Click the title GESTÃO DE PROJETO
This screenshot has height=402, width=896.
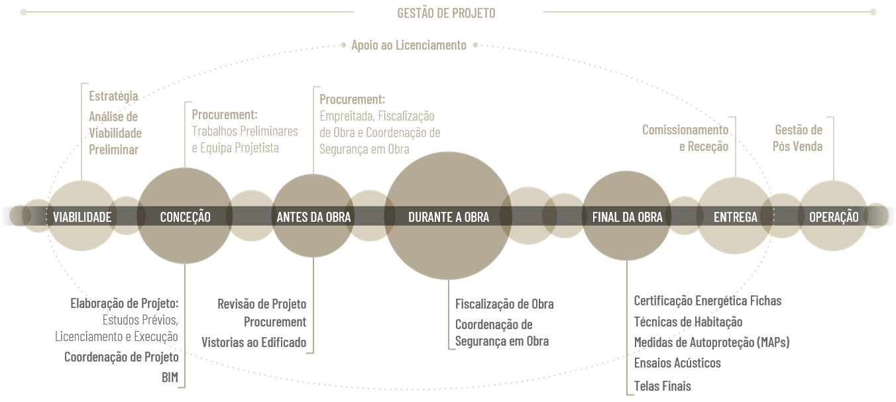446,13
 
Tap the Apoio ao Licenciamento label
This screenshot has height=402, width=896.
409,45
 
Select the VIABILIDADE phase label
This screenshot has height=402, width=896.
82,217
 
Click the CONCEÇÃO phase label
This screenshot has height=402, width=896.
185,217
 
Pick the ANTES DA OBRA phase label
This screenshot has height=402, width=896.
313,217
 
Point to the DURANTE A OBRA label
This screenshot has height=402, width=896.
449,217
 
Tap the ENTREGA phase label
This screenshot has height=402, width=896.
735,217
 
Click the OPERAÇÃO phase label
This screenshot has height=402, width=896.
834,217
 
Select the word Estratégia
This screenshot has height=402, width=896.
113,96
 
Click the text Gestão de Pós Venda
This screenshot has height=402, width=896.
798,138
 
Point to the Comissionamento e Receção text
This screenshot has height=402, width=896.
685,138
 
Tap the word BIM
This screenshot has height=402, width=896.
170,377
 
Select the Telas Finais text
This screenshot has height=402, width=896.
662,385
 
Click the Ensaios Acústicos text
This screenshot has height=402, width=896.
677,363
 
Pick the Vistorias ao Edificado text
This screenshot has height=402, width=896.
254,342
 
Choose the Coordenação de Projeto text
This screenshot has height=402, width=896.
121,357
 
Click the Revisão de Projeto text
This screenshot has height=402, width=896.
262,304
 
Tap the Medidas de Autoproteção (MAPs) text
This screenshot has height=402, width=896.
711,342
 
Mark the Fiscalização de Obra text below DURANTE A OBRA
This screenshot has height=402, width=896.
504,304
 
